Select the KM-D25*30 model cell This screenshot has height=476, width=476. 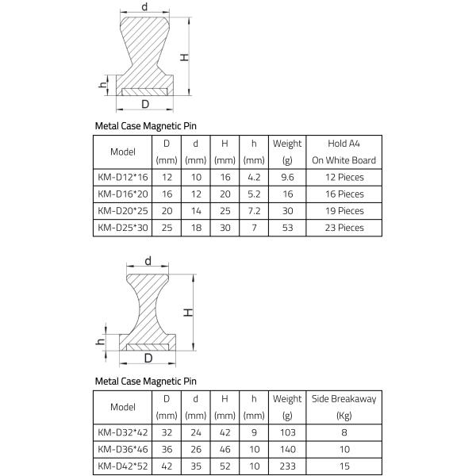click(x=122, y=228)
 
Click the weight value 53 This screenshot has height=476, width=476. click(x=287, y=228)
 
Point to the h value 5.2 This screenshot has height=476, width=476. click(x=254, y=194)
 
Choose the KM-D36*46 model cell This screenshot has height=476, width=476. click(x=122, y=450)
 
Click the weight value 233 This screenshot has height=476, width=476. click(x=287, y=466)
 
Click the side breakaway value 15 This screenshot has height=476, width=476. click(x=344, y=466)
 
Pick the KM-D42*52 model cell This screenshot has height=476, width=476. click(x=122, y=466)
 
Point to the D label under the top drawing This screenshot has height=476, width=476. click(x=145, y=104)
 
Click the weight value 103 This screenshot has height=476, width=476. click(x=287, y=433)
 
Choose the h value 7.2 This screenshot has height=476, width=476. click(x=254, y=211)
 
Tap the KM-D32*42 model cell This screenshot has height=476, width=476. click(x=122, y=433)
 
